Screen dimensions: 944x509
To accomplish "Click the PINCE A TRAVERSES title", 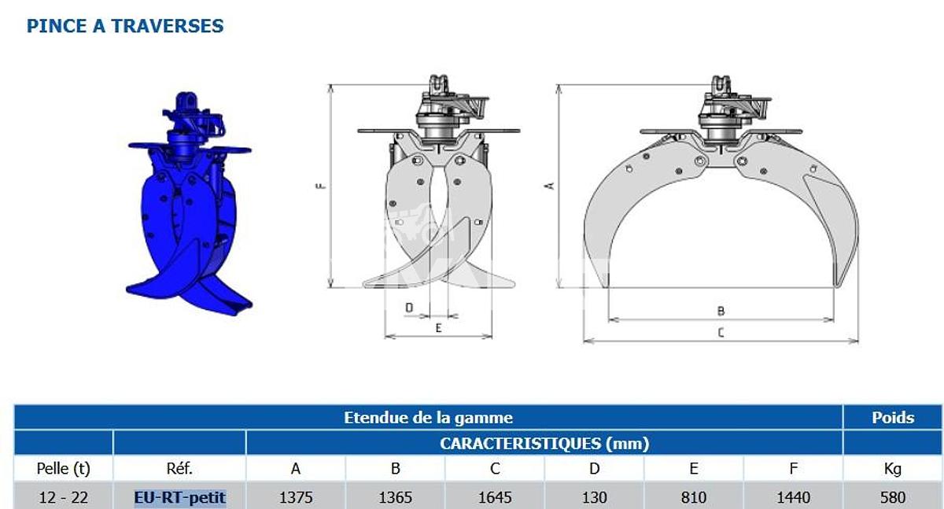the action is pyautogui.click(x=125, y=26).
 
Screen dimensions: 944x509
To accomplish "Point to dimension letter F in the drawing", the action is pyautogui.click(x=322, y=186).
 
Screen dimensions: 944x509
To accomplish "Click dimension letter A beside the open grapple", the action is pyautogui.click(x=550, y=186).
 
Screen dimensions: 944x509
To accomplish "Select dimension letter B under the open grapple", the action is pyautogui.click(x=721, y=311).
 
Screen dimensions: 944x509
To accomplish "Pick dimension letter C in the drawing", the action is pyautogui.click(x=721, y=333).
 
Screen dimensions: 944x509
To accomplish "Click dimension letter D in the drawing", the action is pyautogui.click(x=409, y=308).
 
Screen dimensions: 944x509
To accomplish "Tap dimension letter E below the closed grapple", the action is pyautogui.click(x=439, y=328).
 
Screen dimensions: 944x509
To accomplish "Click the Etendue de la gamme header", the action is pyautogui.click(x=428, y=418).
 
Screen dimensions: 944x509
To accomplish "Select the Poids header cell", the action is pyautogui.click(x=893, y=418).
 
